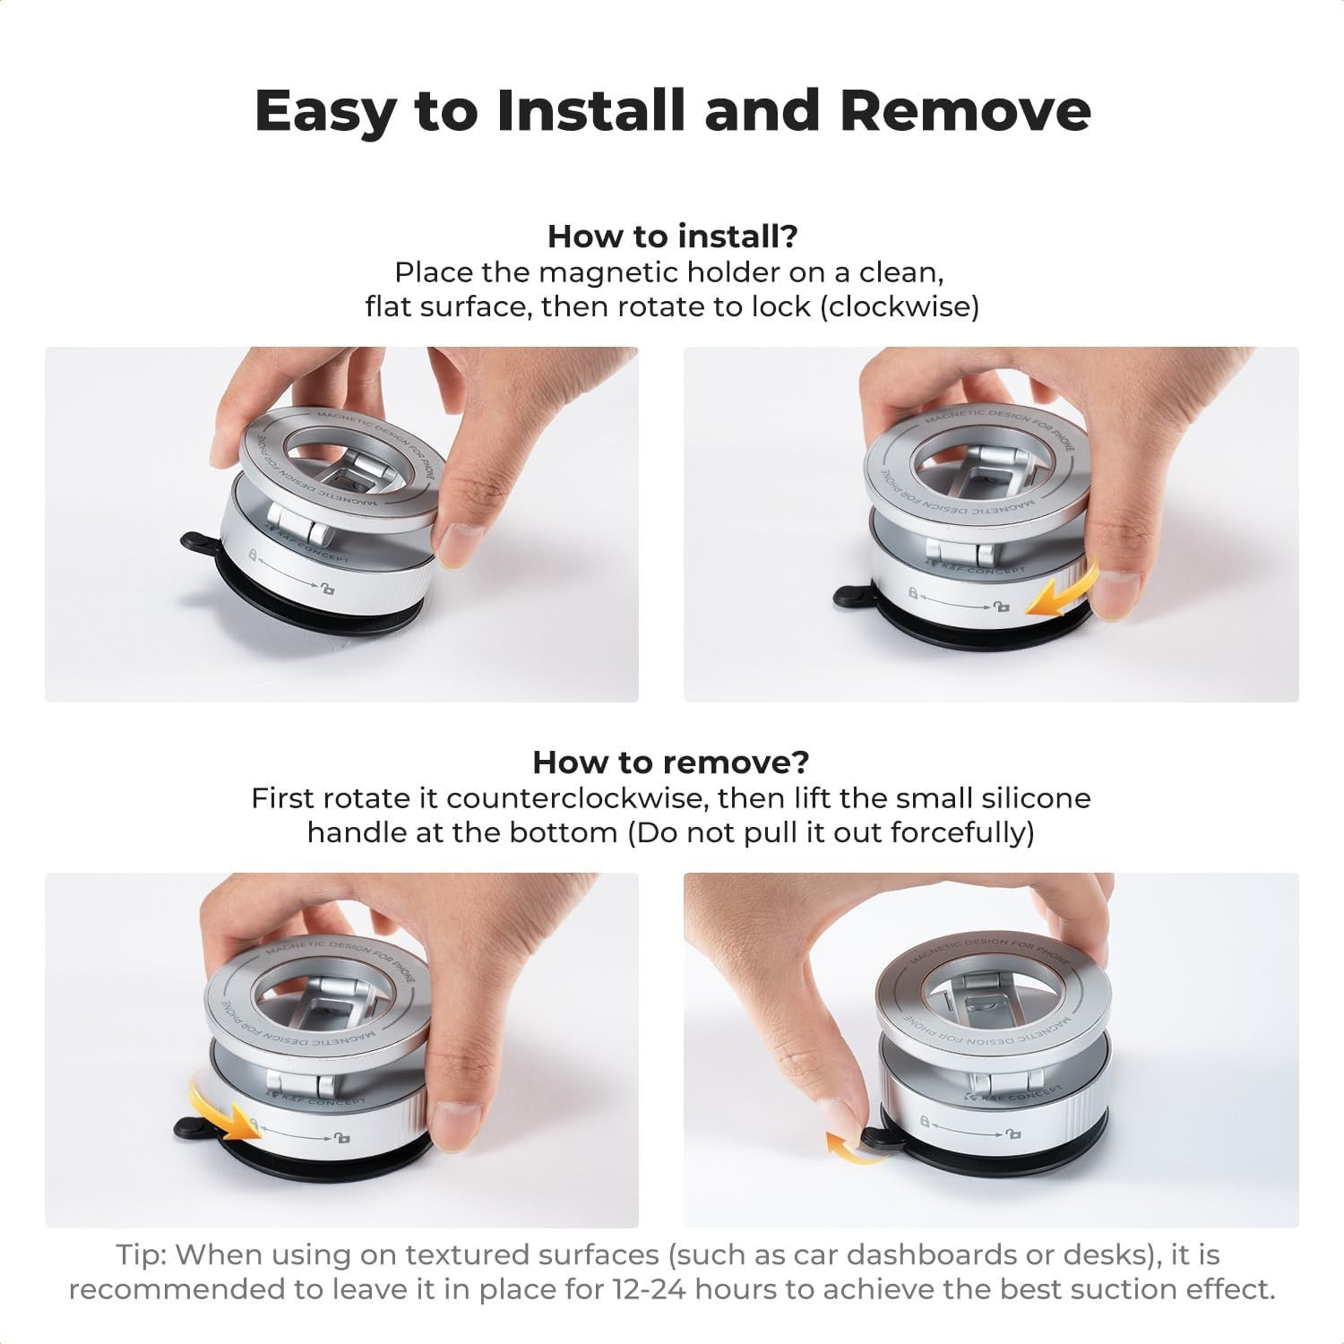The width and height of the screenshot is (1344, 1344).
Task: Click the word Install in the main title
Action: pos(589,109)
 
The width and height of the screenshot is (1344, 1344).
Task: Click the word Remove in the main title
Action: pos(965,109)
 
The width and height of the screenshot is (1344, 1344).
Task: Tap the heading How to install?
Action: pos(672,237)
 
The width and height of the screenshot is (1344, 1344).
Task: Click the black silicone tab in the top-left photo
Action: pos(195,541)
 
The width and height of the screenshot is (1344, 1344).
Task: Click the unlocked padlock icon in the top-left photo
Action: pos(328,588)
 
